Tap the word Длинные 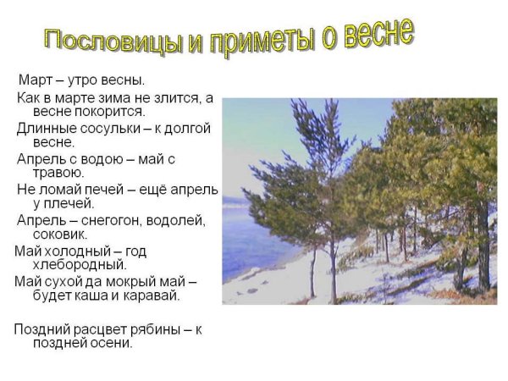[45, 128]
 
